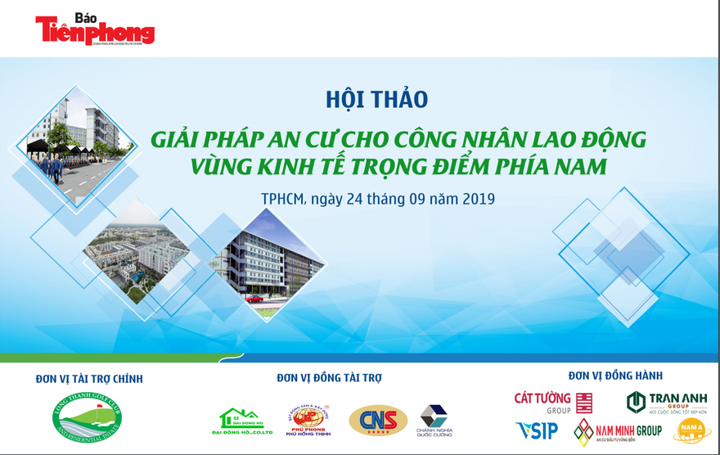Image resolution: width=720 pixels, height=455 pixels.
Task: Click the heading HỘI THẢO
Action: click(x=377, y=99)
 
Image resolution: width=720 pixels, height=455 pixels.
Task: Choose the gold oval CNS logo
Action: click(x=378, y=421)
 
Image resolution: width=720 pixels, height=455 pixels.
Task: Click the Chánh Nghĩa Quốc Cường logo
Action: click(x=435, y=421)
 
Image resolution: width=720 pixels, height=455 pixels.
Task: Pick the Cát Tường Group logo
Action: click(x=552, y=402)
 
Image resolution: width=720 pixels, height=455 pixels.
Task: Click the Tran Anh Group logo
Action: click(x=667, y=402)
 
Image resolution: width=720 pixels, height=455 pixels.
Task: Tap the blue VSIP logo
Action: click(x=537, y=430)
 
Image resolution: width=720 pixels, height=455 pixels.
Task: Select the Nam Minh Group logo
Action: click(x=618, y=431)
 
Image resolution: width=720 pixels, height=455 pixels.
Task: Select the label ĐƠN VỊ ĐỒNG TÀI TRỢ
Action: click(x=329, y=377)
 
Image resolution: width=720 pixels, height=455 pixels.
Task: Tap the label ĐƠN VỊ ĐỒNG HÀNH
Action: click(x=615, y=376)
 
